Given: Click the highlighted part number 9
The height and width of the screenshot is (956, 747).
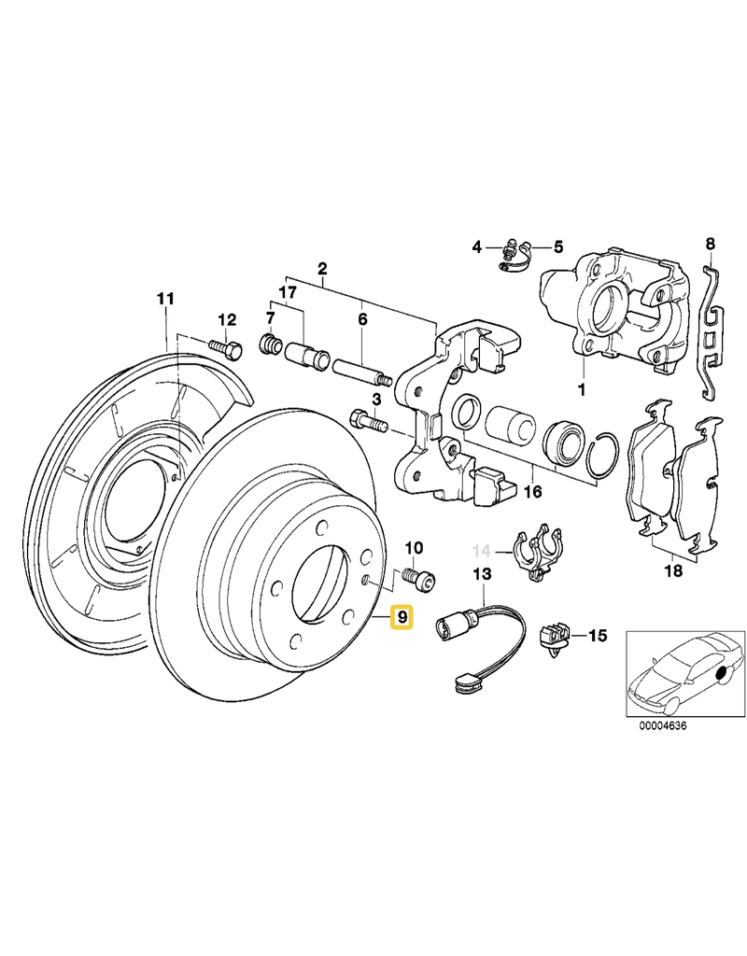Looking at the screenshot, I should tap(402, 617).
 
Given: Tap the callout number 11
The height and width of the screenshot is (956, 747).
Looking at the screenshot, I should tap(165, 300).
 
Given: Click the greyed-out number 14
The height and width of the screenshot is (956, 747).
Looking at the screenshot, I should tap(483, 550).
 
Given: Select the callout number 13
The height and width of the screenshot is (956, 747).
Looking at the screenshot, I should tap(483, 576).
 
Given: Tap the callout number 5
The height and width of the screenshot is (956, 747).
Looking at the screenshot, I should tap(558, 247).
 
